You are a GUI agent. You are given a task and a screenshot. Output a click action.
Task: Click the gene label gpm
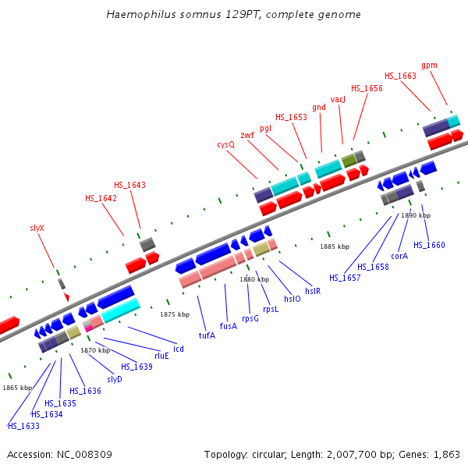point(429,66)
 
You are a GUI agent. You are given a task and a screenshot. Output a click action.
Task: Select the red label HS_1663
point(400,76)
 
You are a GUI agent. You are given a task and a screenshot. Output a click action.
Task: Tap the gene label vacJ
point(338,99)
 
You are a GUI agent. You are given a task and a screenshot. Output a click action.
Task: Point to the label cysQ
point(225,144)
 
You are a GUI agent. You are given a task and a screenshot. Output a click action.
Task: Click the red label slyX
point(37,228)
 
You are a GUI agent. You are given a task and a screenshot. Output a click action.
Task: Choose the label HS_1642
point(101,198)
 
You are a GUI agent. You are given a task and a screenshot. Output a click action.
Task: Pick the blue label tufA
point(207,335)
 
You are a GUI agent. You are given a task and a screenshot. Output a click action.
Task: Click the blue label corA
point(399,255)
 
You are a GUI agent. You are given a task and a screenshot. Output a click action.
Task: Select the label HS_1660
point(429,245)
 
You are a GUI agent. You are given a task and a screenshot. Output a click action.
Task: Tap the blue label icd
point(179,349)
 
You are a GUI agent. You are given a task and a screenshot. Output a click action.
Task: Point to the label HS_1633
point(23,426)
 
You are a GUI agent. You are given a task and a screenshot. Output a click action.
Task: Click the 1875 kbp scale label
point(175,314)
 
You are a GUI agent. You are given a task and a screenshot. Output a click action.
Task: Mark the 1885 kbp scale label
point(335,246)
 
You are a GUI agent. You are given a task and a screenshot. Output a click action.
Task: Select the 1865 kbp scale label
point(17,388)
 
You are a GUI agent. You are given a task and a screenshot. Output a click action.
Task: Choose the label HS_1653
point(291,117)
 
